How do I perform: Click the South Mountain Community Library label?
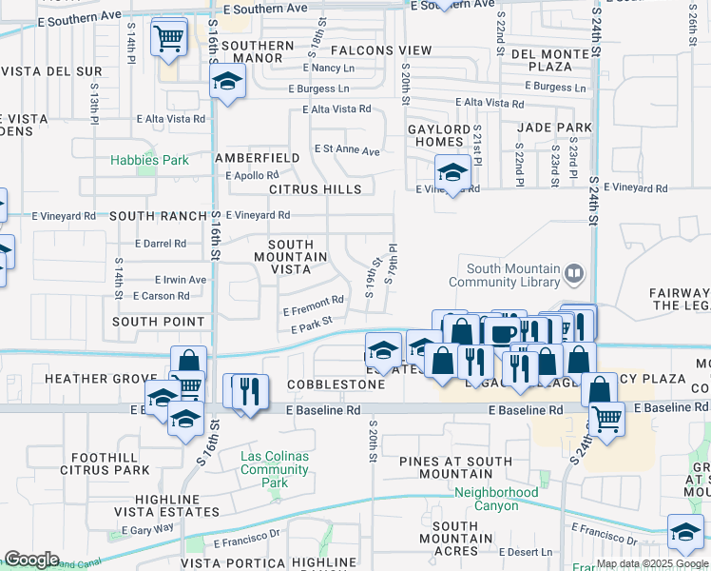pos(514,275)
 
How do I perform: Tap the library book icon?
pos(574,275)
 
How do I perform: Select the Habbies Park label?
pos(149,160)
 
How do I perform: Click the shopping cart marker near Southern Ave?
pos(169,39)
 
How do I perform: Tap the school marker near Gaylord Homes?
pos(452,174)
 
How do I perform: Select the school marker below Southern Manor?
pos(228,83)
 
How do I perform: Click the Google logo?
pos(31,559)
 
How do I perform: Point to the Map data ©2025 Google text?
pos(651,563)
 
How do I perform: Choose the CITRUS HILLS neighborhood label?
pos(315,189)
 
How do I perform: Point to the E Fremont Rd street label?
pos(314,305)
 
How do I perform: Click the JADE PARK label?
pos(554,128)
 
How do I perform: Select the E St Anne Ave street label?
pos(347,151)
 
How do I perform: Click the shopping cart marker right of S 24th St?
pos(606,416)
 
